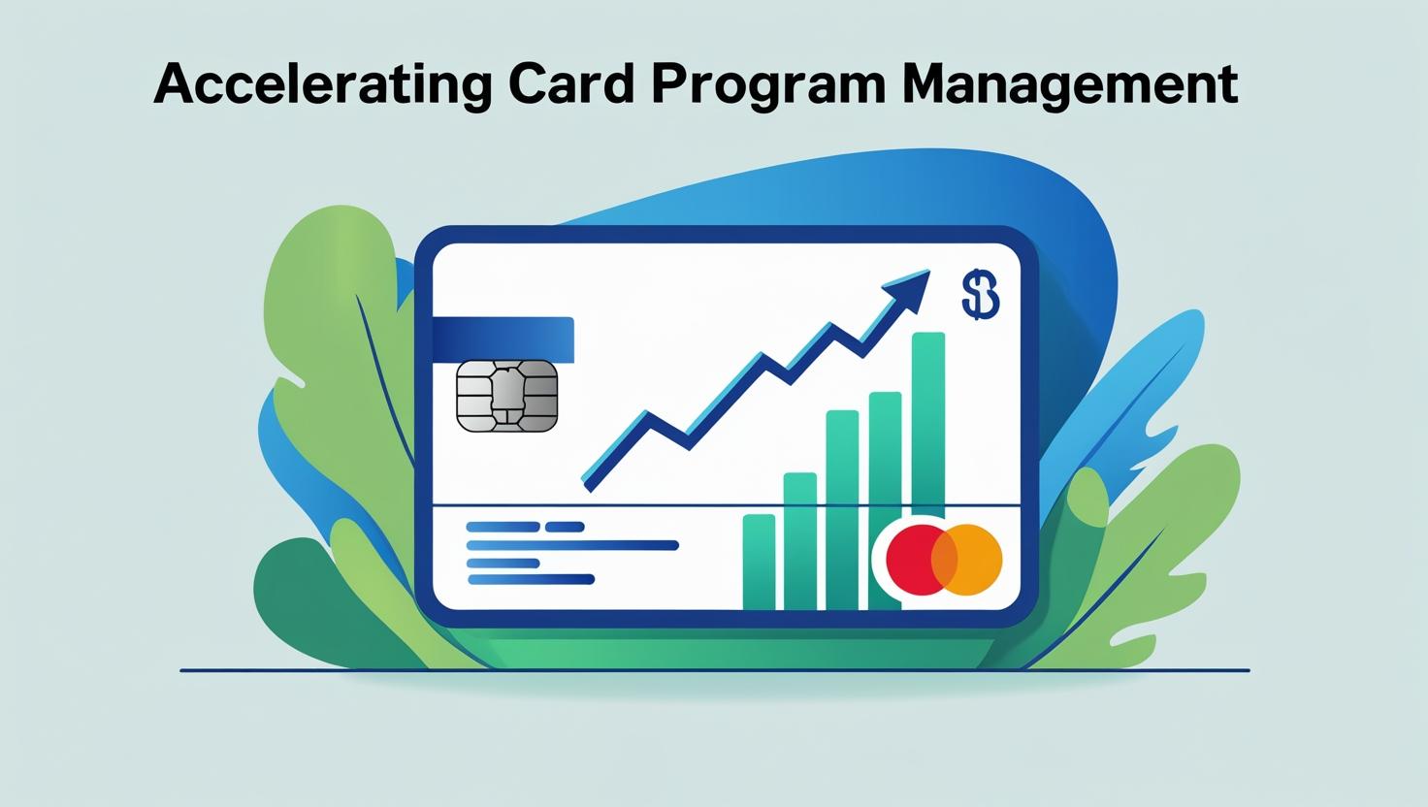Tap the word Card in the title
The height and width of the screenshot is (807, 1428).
[571, 82]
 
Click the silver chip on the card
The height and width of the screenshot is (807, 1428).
[507, 396]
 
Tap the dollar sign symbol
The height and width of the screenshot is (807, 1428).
[981, 294]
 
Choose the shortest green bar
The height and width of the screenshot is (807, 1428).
[760, 562]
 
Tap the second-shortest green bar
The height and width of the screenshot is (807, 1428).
[800, 540]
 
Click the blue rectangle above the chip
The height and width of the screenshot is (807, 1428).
[503, 339]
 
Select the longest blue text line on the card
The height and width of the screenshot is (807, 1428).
[572, 545]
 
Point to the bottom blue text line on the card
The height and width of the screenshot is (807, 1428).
[531, 579]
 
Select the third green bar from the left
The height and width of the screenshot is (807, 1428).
[842, 510]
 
